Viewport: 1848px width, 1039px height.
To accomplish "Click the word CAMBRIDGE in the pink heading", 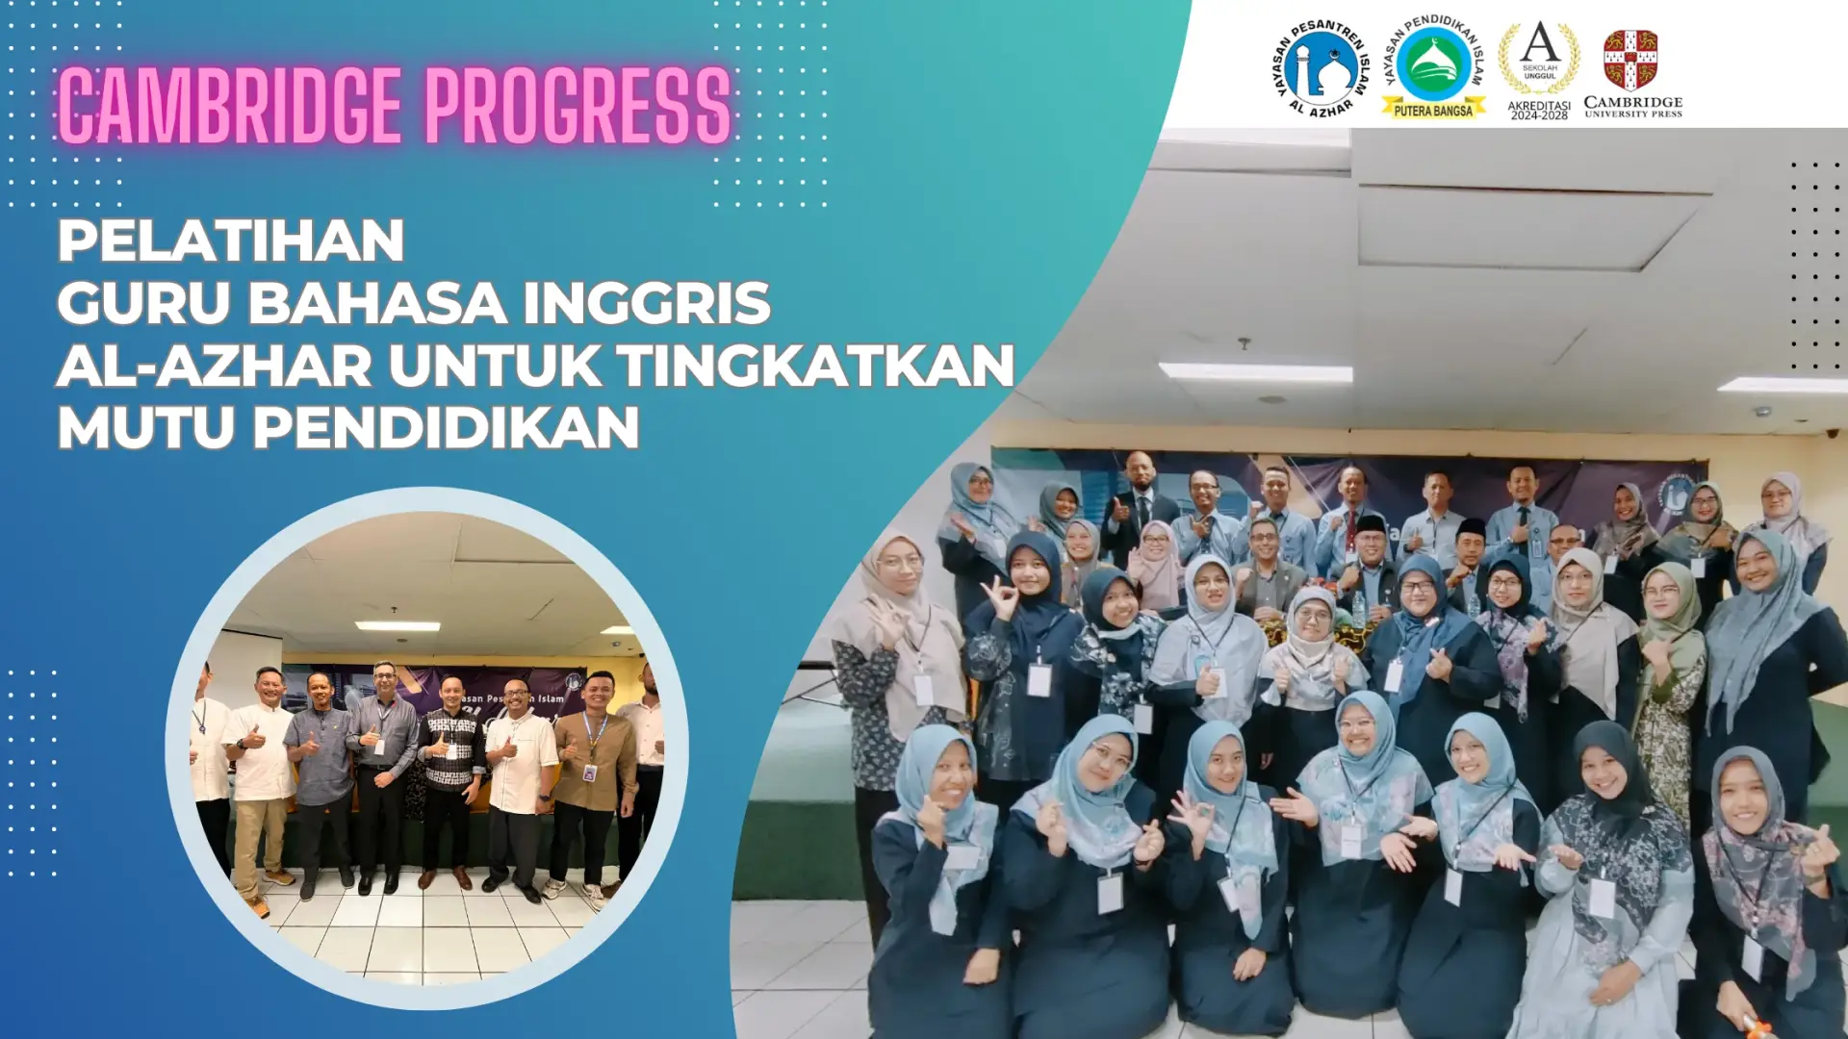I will click(x=229, y=106).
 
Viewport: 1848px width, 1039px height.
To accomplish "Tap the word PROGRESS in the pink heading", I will click(x=577, y=106).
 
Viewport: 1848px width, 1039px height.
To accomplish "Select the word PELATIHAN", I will click(x=231, y=241).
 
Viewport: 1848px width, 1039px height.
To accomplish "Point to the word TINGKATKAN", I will click(x=815, y=366).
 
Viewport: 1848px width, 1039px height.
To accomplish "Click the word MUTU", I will click(x=145, y=427).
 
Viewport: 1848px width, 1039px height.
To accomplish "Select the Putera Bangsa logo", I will click(x=1433, y=67).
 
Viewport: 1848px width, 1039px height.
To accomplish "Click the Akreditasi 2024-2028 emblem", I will click(x=1539, y=69).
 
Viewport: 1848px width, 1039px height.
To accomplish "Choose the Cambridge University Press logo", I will click(x=1632, y=73).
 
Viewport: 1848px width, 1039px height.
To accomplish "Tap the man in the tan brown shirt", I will click(x=593, y=760).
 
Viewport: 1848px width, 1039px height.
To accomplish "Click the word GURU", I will click(x=144, y=303).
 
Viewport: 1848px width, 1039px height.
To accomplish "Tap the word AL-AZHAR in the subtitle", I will click(x=214, y=366).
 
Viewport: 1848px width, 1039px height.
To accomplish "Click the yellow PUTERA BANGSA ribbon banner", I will click(x=1433, y=111).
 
